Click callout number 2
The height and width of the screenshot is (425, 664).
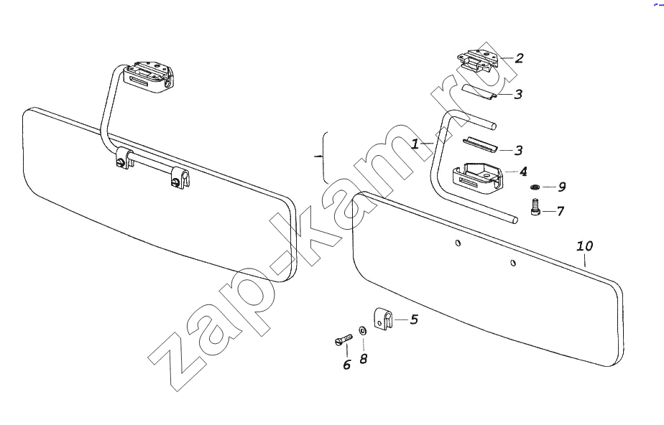pyautogui.click(x=519, y=58)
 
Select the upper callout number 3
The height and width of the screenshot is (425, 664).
pyautogui.click(x=518, y=94)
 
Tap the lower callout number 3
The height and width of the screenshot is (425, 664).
pyautogui.click(x=518, y=150)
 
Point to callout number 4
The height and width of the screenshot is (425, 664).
pyautogui.click(x=523, y=172)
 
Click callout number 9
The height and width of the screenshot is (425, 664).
pyautogui.click(x=561, y=187)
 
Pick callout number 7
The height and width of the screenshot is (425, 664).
pyautogui.click(x=561, y=210)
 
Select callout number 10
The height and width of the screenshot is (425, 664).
pyautogui.click(x=585, y=246)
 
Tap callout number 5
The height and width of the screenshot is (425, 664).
pyautogui.click(x=414, y=319)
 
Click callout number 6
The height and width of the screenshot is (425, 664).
pyautogui.click(x=347, y=365)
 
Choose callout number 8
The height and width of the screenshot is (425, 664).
pyautogui.click(x=364, y=359)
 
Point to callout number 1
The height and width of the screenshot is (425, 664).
pyautogui.click(x=415, y=144)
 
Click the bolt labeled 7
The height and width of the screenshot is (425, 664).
pyautogui.click(x=535, y=207)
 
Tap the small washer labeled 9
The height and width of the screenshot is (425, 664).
pyautogui.click(x=535, y=187)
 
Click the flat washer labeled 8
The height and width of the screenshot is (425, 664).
pyautogui.click(x=362, y=330)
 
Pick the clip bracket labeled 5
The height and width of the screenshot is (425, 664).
pyautogui.click(x=383, y=319)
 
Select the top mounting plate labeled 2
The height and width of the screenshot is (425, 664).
pyautogui.click(x=479, y=59)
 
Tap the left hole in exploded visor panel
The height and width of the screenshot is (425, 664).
pyautogui.click(x=458, y=243)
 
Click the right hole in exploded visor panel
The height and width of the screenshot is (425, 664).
pyautogui.click(x=513, y=263)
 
